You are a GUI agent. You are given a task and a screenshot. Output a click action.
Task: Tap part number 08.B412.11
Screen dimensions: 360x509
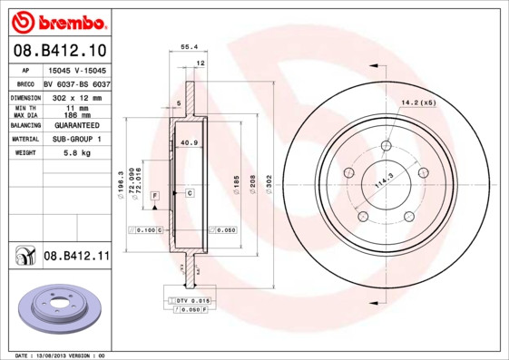tap(76, 257)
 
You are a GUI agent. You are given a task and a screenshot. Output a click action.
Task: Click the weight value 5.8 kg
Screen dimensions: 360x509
tap(77, 153)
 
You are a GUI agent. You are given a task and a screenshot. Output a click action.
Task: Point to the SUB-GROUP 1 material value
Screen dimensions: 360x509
tap(77, 139)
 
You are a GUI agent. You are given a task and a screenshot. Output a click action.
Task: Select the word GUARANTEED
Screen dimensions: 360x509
tap(77, 125)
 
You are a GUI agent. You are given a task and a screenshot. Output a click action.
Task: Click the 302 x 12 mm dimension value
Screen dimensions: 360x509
tap(77, 96)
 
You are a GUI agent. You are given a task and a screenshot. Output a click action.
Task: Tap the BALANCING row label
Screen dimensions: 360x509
tap(25, 125)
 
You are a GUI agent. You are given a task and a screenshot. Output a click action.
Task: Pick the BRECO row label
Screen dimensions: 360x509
tap(25, 83)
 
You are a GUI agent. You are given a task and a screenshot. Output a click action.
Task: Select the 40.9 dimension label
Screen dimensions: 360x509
tap(189, 143)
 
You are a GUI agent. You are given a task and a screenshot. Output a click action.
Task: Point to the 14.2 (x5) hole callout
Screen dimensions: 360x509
tap(417, 102)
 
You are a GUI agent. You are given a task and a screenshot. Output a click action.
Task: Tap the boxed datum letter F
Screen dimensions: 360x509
tap(155, 195)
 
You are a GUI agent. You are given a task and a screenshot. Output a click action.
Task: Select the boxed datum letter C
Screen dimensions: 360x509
tap(190, 193)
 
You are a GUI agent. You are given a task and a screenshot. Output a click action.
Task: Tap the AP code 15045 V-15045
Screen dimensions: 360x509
tap(77, 70)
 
